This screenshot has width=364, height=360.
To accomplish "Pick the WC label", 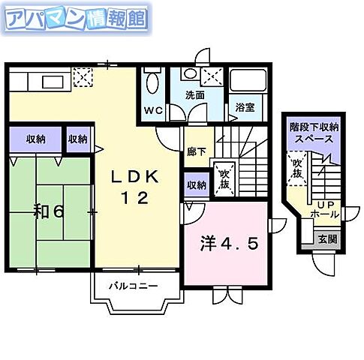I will (152, 109).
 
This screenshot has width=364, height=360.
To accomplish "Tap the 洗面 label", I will (196, 95).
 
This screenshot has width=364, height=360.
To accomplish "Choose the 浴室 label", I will (243, 107).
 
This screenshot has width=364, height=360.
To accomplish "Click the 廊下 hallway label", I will (197, 150).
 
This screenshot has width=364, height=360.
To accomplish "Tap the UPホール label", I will (323, 210).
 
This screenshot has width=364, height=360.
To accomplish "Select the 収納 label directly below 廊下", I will (197, 184).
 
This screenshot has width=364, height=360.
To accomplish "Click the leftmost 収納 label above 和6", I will (35, 139).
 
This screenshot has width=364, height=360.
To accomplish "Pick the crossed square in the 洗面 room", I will (212, 76).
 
